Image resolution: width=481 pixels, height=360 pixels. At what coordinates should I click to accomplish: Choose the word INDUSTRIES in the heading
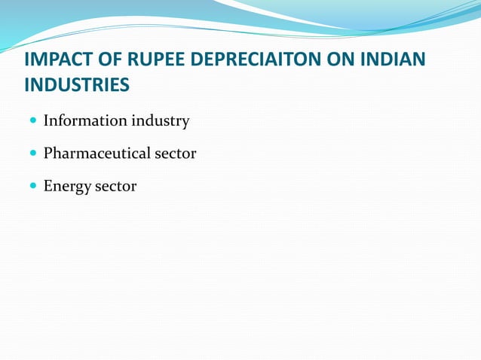pyautogui.click(x=77, y=86)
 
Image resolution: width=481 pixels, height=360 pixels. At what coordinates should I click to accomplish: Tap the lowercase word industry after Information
pyautogui.click(x=161, y=121)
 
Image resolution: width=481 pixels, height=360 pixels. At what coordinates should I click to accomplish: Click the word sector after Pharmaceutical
pyautogui.click(x=176, y=154)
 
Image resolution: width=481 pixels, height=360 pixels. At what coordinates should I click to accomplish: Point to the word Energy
pyautogui.click(x=67, y=187)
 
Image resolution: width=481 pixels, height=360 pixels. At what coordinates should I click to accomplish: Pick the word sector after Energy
pyautogui.click(x=115, y=186)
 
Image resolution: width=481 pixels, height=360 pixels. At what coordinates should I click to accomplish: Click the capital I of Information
pyautogui.click(x=47, y=121)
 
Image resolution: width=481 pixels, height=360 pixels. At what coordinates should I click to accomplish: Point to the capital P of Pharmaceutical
pyautogui.click(x=48, y=154)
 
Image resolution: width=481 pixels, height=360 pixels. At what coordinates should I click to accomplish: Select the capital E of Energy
pyautogui.click(x=48, y=186)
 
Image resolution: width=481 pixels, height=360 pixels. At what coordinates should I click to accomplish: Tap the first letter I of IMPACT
pyautogui.click(x=27, y=60)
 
